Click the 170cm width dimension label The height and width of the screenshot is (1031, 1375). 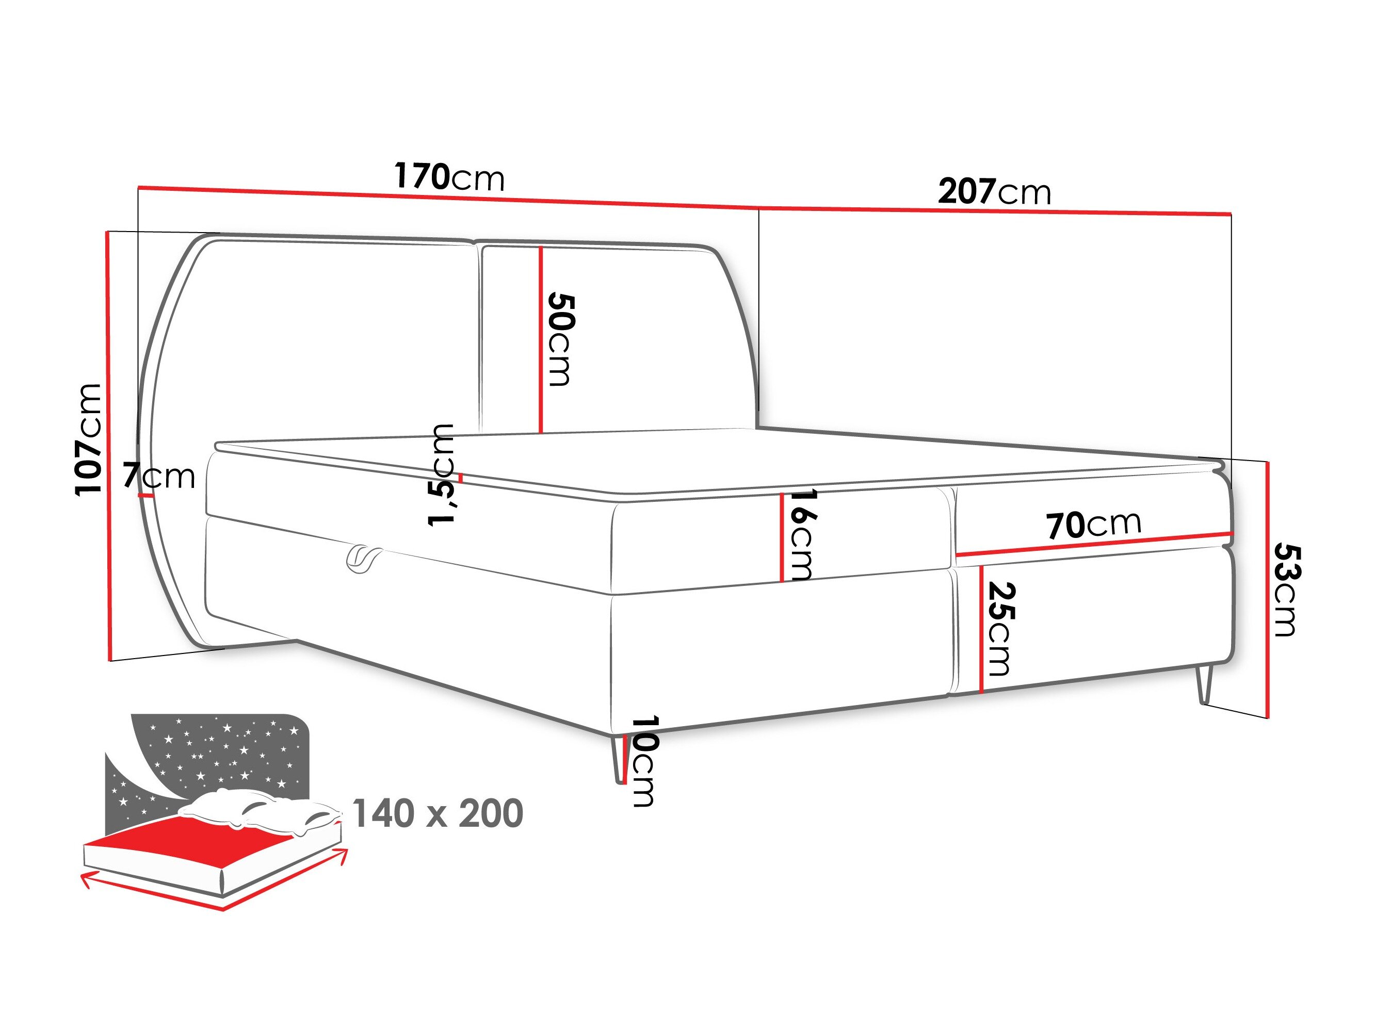point(449,177)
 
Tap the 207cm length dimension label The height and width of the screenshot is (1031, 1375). point(994,191)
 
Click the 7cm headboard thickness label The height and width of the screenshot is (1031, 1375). point(159,476)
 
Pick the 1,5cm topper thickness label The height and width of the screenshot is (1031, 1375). point(442,475)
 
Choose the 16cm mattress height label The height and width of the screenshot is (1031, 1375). point(802,535)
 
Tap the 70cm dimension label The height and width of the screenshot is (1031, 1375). point(1093,525)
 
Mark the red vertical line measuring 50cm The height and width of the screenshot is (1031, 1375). point(541,339)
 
